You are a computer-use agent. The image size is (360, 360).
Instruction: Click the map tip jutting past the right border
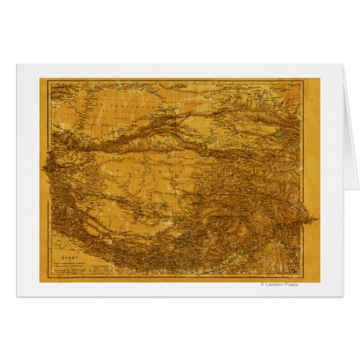coord(314,219)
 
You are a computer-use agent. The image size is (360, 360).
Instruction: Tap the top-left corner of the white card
coord(17,65)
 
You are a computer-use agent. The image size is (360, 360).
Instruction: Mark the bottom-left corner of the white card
coord(17,297)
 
